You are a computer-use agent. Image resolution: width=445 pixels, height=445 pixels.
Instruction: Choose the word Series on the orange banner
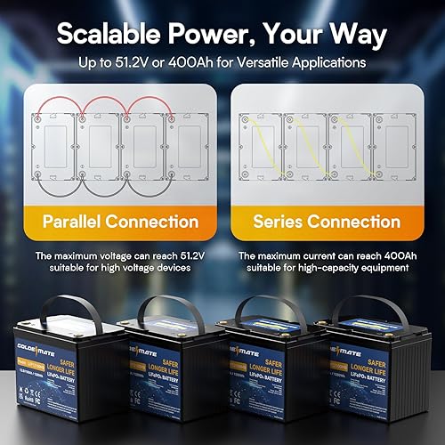pos(283,221)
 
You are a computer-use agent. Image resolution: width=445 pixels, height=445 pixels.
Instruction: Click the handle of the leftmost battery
pos(64,307)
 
